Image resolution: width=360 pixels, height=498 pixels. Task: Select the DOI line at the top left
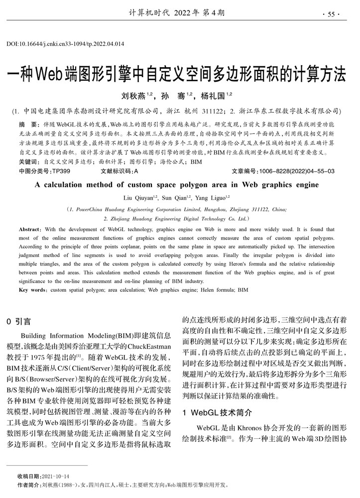click(x=65, y=44)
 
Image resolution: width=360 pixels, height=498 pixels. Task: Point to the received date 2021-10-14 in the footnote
click(x=56, y=476)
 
